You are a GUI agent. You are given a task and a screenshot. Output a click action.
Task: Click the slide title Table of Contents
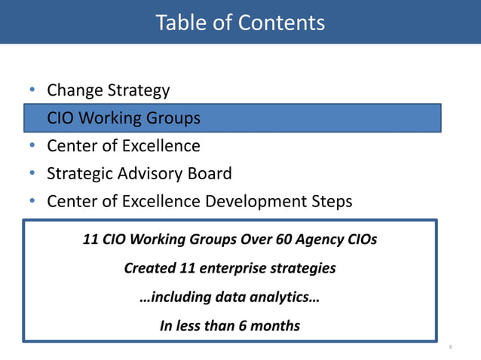tap(240, 23)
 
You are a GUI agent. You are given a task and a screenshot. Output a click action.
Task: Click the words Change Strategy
tap(108, 91)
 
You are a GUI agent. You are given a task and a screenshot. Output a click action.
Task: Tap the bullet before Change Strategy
tap(32, 91)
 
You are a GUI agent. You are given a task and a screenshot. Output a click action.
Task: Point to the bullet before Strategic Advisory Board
tap(32, 174)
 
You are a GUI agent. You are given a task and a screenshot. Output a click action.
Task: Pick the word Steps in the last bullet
tap(329, 202)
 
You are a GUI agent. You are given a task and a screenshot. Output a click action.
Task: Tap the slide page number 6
tap(450, 348)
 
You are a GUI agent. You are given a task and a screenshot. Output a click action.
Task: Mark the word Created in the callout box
tap(150, 268)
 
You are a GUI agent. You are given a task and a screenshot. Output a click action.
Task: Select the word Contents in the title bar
tap(281, 23)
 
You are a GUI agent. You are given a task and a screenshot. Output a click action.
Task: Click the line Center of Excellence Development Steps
tap(199, 202)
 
